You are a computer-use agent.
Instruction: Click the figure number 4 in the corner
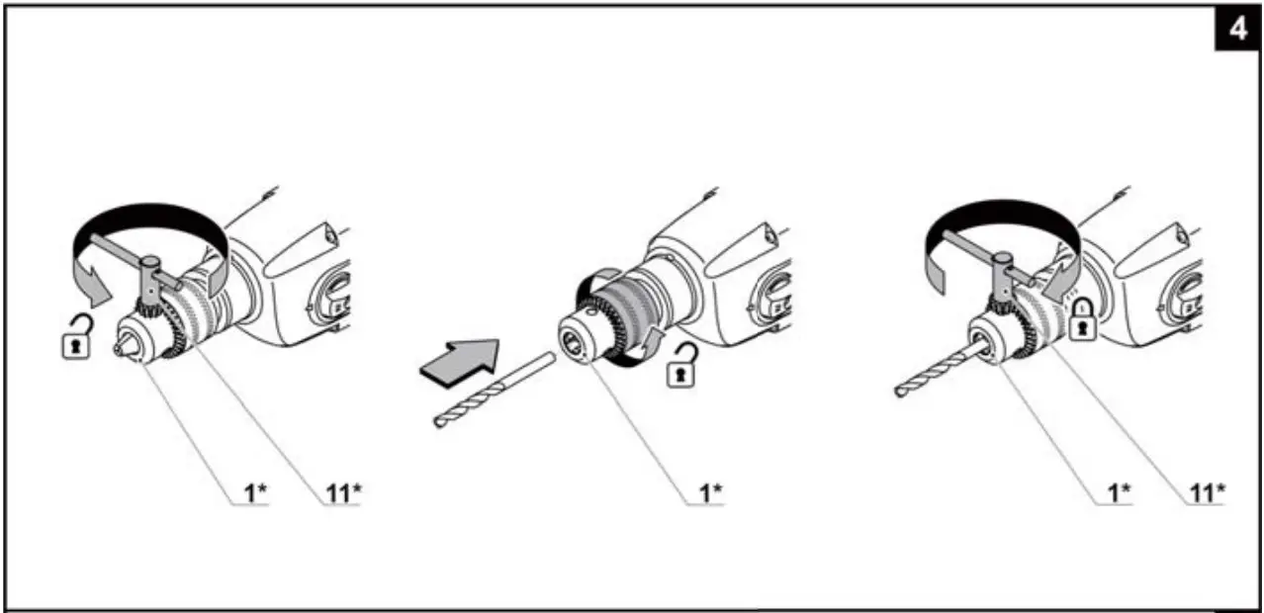point(1237,30)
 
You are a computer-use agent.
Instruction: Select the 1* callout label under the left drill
point(256,492)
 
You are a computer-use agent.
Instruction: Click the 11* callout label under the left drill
point(342,492)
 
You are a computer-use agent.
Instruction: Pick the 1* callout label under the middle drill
point(710,492)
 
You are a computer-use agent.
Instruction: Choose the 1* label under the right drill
point(1119,492)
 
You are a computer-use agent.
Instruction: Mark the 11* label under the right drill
point(1206,492)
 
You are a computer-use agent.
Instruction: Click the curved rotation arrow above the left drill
point(148,222)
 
